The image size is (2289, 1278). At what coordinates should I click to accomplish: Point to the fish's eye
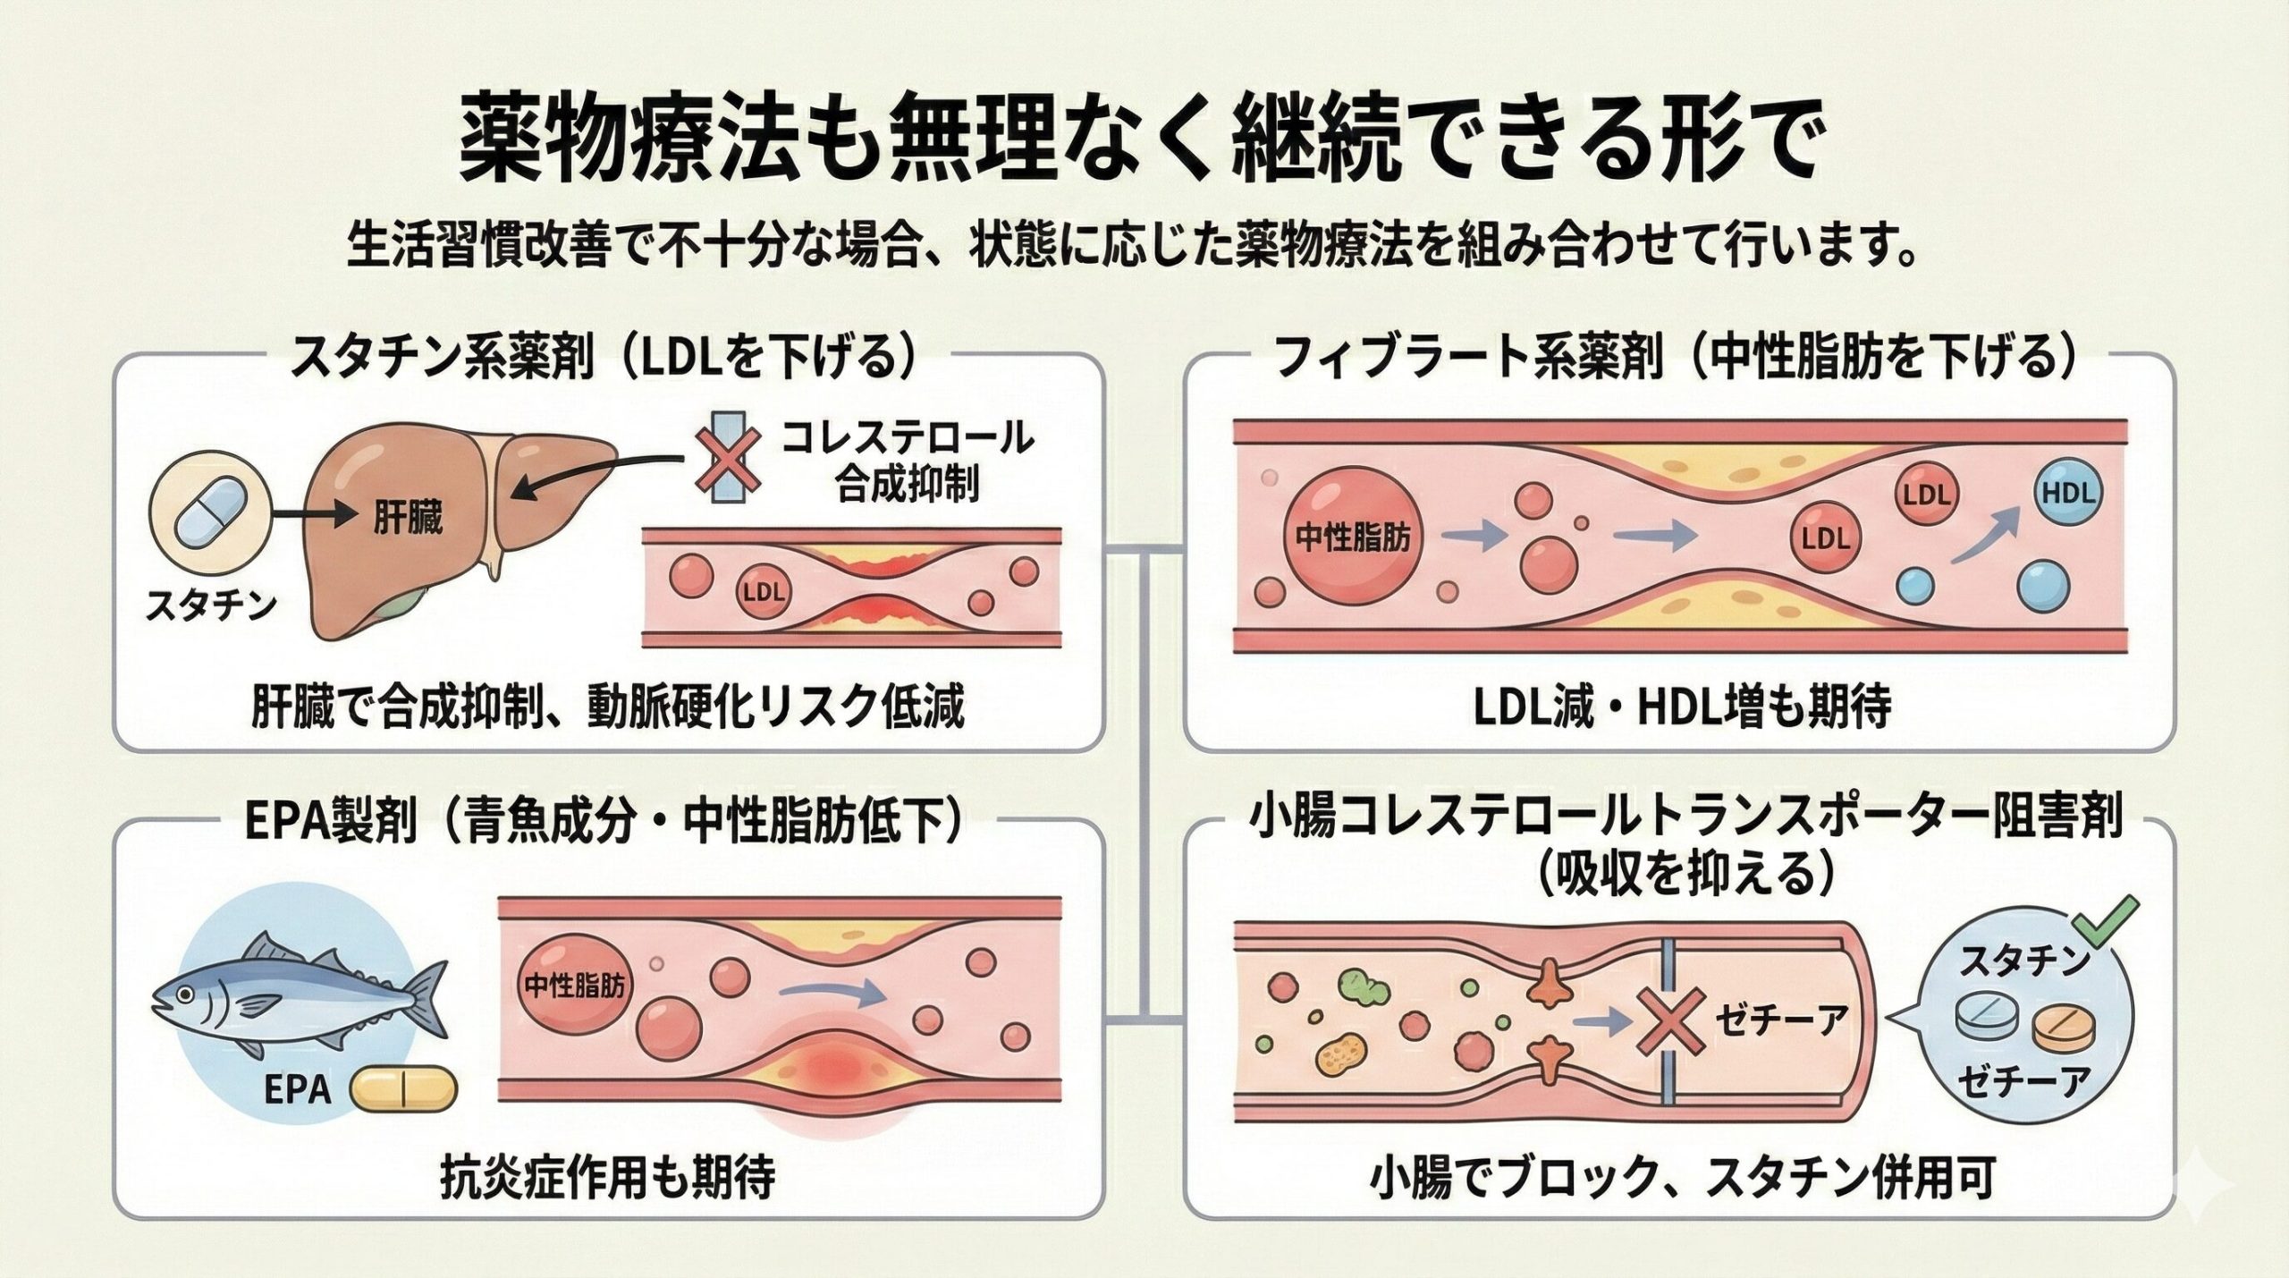point(183,994)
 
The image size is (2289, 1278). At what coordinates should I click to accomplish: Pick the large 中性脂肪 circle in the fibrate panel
point(1352,537)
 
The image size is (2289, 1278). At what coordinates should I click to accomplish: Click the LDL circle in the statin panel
point(763,591)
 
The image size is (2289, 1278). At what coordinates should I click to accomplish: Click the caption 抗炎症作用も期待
point(607,1180)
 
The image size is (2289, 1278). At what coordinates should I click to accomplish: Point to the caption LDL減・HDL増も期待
point(1680,707)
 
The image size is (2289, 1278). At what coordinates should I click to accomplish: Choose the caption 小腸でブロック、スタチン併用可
point(1680,1180)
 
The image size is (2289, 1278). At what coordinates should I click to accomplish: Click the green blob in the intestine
point(1362,989)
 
